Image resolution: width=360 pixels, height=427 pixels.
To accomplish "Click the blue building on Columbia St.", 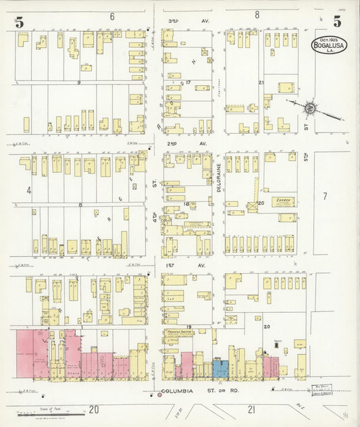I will click(220, 368).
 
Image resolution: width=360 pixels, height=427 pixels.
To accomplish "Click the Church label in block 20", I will click(284, 201).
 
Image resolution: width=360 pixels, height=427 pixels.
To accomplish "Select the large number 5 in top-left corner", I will click(20, 22).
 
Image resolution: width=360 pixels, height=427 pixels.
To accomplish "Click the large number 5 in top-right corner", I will click(336, 22).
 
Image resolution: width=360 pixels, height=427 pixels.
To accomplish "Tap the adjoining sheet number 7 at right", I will click(324, 196).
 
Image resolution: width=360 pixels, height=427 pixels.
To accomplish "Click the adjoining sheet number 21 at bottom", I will click(251, 409).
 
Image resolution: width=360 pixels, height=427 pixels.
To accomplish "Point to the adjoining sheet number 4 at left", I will click(29, 191).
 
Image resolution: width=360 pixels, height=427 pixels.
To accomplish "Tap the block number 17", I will click(188, 83).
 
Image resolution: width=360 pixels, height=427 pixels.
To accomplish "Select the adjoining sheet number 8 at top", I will click(257, 14).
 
